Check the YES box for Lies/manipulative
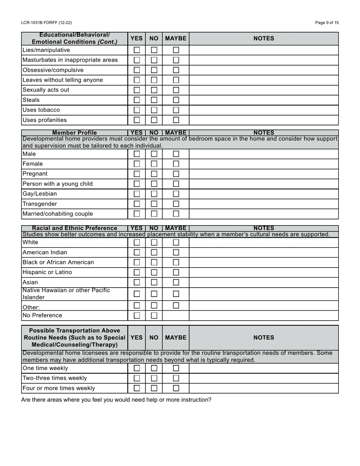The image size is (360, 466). click(x=137, y=50)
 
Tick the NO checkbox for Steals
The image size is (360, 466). click(x=154, y=100)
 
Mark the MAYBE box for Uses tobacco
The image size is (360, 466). click(x=176, y=110)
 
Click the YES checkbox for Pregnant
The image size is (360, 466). click(x=137, y=174)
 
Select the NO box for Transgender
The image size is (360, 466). click(x=154, y=204)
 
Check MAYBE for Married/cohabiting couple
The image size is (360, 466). click(x=176, y=214)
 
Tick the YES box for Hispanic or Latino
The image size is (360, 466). click(x=137, y=272)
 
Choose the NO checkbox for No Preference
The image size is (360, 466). click(x=154, y=316)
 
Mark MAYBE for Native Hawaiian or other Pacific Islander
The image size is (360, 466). click(x=176, y=294)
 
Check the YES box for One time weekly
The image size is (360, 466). click(x=137, y=368)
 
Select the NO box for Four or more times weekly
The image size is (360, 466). click(x=154, y=388)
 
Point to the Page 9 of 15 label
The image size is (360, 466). click(x=327, y=23)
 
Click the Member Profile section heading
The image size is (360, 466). click(x=74, y=133)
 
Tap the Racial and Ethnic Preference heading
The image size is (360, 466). click(x=74, y=228)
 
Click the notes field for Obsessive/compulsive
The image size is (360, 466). click(x=263, y=70)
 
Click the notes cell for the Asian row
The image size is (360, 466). click(x=263, y=282)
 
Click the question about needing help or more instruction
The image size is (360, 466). click(x=116, y=400)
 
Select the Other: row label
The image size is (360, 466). click(x=31, y=307)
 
